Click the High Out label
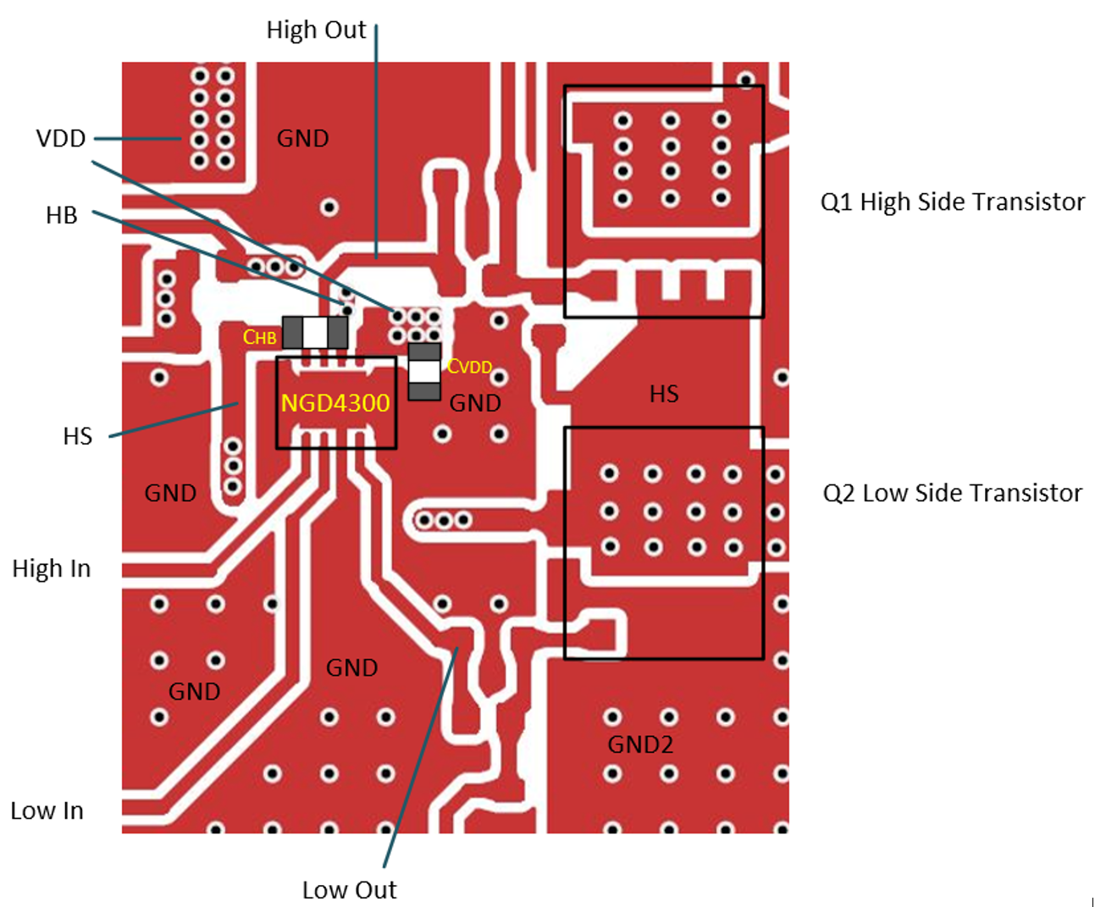(x=316, y=30)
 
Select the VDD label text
(x=61, y=138)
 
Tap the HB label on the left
(x=61, y=215)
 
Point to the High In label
(x=52, y=568)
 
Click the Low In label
(x=47, y=810)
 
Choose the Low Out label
(x=349, y=889)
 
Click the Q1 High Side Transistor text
(x=952, y=202)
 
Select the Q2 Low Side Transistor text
(x=952, y=493)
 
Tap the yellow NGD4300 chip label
(x=335, y=402)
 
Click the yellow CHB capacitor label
(x=260, y=337)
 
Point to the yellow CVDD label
(x=470, y=367)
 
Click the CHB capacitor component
(x=315, y=333)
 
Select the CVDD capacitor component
(x=424, y=372)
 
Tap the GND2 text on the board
(x=640, y=744)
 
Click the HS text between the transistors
(x=664, y=394)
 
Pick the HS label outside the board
(x=77, y=436)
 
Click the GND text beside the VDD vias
(x=302, y=138)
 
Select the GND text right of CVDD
(x=475, y=403)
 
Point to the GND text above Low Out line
(x=351, y=667)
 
